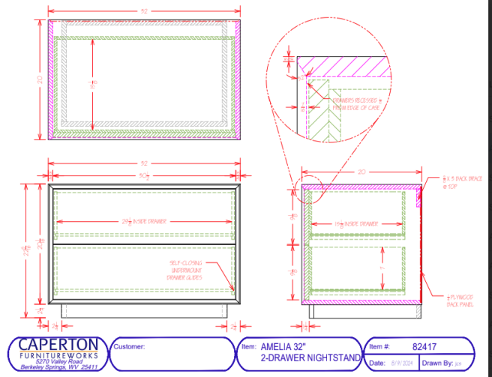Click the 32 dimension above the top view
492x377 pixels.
[143, 10]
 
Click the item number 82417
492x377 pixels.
[424, 346]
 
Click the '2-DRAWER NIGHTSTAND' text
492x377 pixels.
[310, 358]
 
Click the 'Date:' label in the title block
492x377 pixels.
[377, 364]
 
